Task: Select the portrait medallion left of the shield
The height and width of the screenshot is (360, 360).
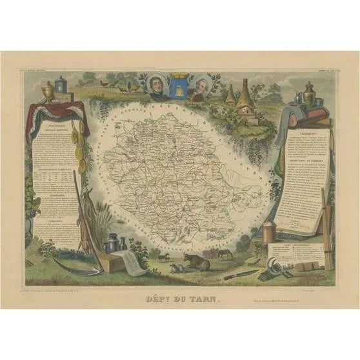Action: tap(156, 86)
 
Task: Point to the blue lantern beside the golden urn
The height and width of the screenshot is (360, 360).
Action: tap(61, 86)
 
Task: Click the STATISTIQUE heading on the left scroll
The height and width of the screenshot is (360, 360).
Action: tap(54, 129)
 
